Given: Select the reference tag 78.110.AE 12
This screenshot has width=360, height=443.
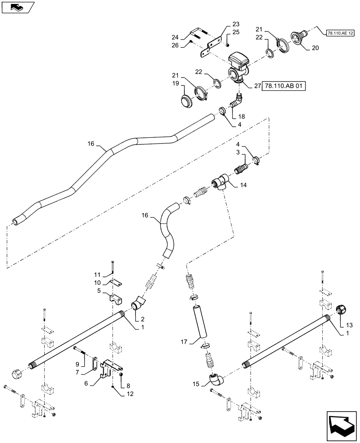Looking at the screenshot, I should (340, 33).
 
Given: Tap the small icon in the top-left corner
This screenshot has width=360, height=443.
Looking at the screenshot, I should (16, 7).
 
